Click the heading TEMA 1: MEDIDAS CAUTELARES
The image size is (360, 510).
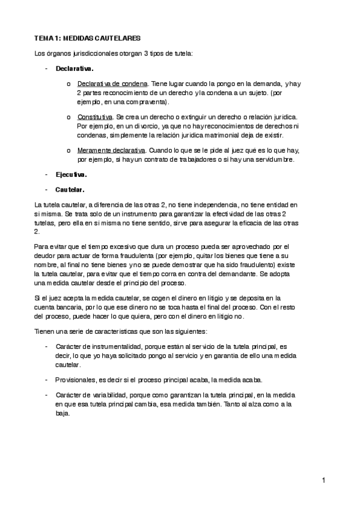[87, 37]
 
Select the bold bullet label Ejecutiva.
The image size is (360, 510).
[71, 175]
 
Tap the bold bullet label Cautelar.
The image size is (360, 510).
[70, 189]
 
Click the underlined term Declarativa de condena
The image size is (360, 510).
[112, 84]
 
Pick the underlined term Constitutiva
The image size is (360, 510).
[94, 117]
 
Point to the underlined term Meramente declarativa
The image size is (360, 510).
[111, 150]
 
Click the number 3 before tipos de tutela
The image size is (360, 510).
[145, 54]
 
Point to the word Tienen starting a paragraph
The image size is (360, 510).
[44, 332]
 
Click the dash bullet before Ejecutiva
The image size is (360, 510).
[46, 175]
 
